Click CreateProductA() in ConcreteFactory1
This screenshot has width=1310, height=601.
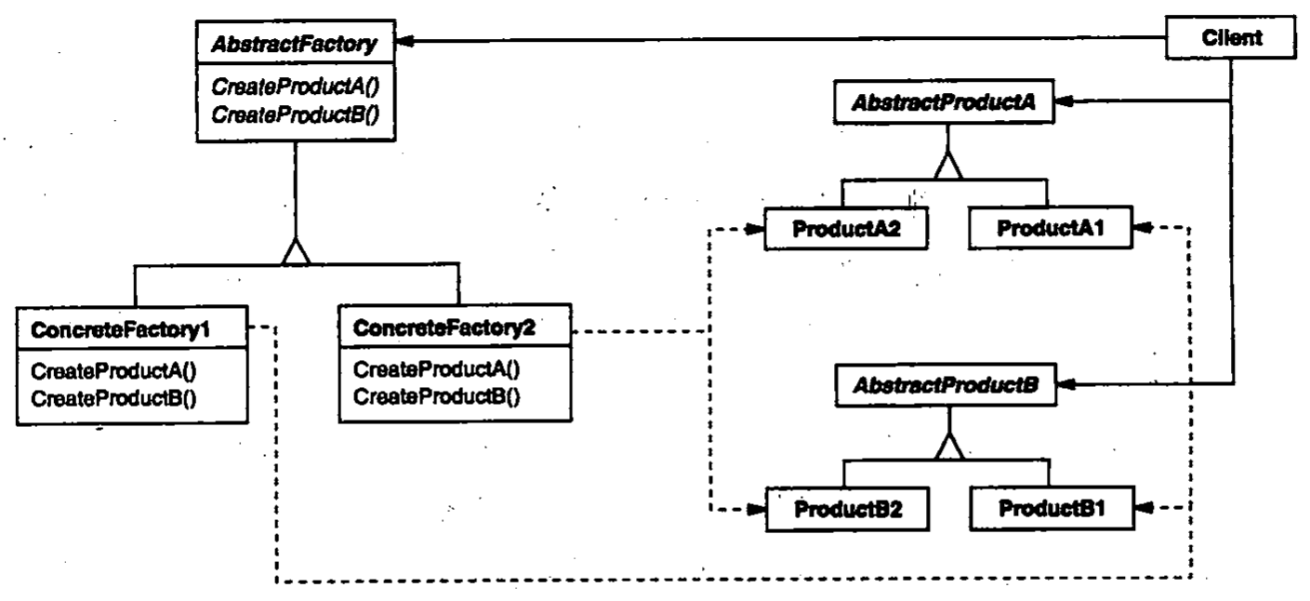point(117,369)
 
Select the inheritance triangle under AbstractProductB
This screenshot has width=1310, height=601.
point(946,448)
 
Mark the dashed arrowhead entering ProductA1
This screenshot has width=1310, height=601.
point(1142,228)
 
